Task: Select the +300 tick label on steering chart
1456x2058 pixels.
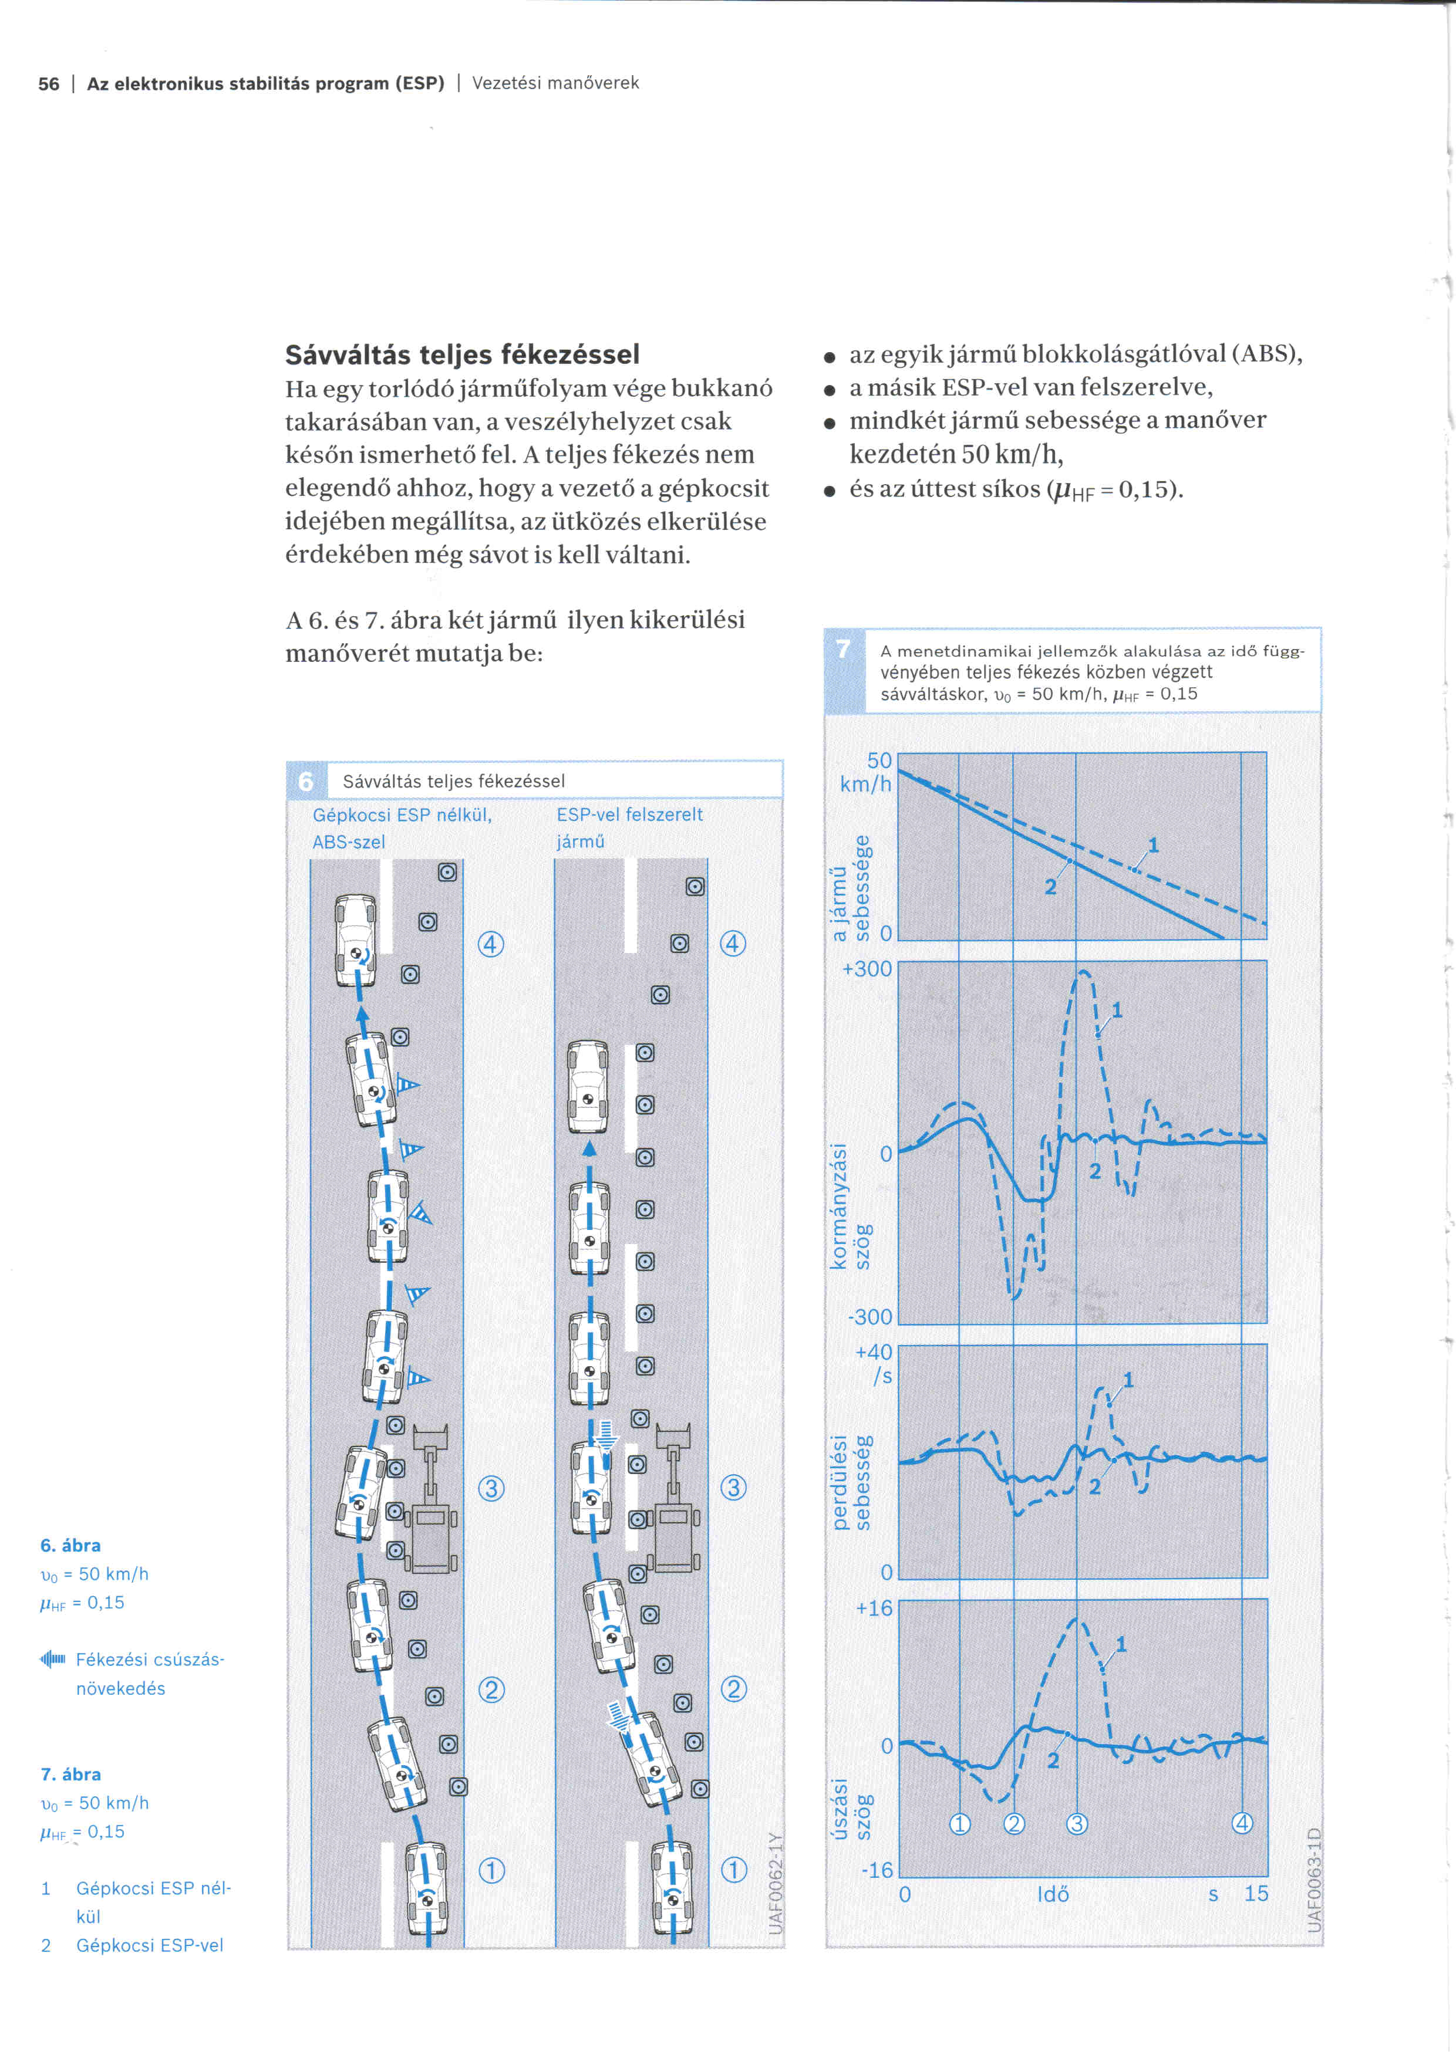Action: (867, 969)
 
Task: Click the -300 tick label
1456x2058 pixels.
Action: (869, 1317)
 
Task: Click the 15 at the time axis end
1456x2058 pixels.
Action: (1255, 1894)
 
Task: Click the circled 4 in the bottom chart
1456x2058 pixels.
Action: (1242, 1823)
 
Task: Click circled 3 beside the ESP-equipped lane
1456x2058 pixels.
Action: (733, 1488)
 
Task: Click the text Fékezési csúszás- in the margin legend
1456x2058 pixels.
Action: (150, 1659)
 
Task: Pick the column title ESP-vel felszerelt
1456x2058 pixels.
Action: (629, 815)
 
